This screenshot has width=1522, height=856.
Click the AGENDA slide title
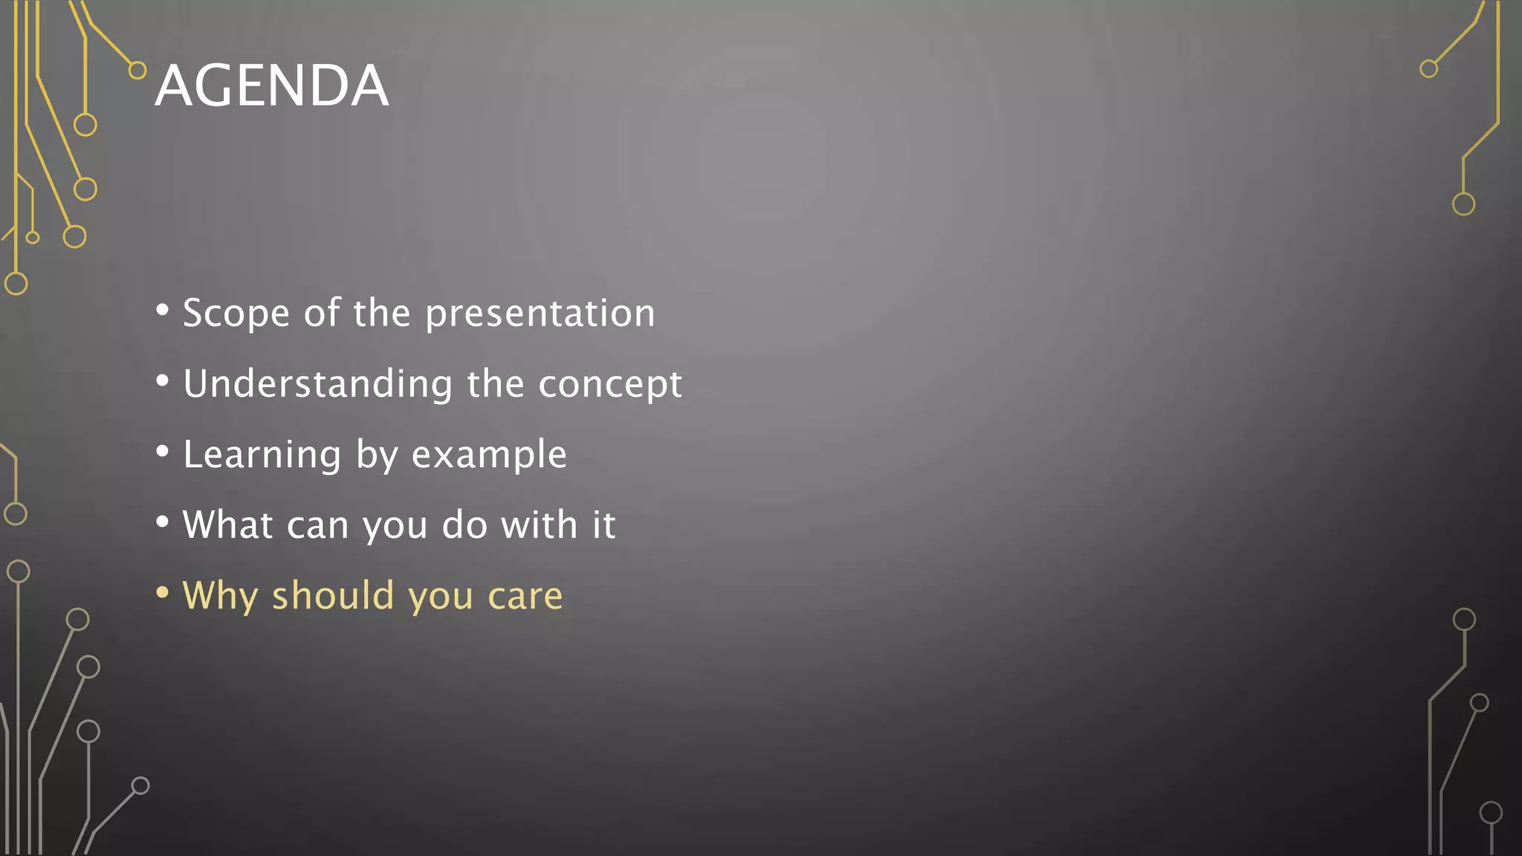point(271,85)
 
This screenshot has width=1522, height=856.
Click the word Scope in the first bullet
point(236,313)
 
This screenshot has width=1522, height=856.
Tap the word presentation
point(540,313)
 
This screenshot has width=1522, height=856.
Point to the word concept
point(609,384)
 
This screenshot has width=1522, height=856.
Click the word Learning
point(262,454)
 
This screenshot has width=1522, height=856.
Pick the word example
point(489,455)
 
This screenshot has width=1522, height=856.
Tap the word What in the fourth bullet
point(227,525)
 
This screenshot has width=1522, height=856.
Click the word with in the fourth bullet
point(539,525)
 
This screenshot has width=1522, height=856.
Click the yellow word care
point(525,596)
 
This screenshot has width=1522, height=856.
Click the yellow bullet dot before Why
point(162,592)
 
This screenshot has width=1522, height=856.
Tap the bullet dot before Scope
point(162,310)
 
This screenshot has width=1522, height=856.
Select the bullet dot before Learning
point(162,451)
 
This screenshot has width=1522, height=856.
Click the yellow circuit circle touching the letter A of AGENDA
point(137,71)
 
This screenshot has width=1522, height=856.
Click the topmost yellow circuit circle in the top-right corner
point(1428,69)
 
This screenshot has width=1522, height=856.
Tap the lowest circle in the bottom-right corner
point(1491,813)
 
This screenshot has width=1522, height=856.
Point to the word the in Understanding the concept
point(495,384)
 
